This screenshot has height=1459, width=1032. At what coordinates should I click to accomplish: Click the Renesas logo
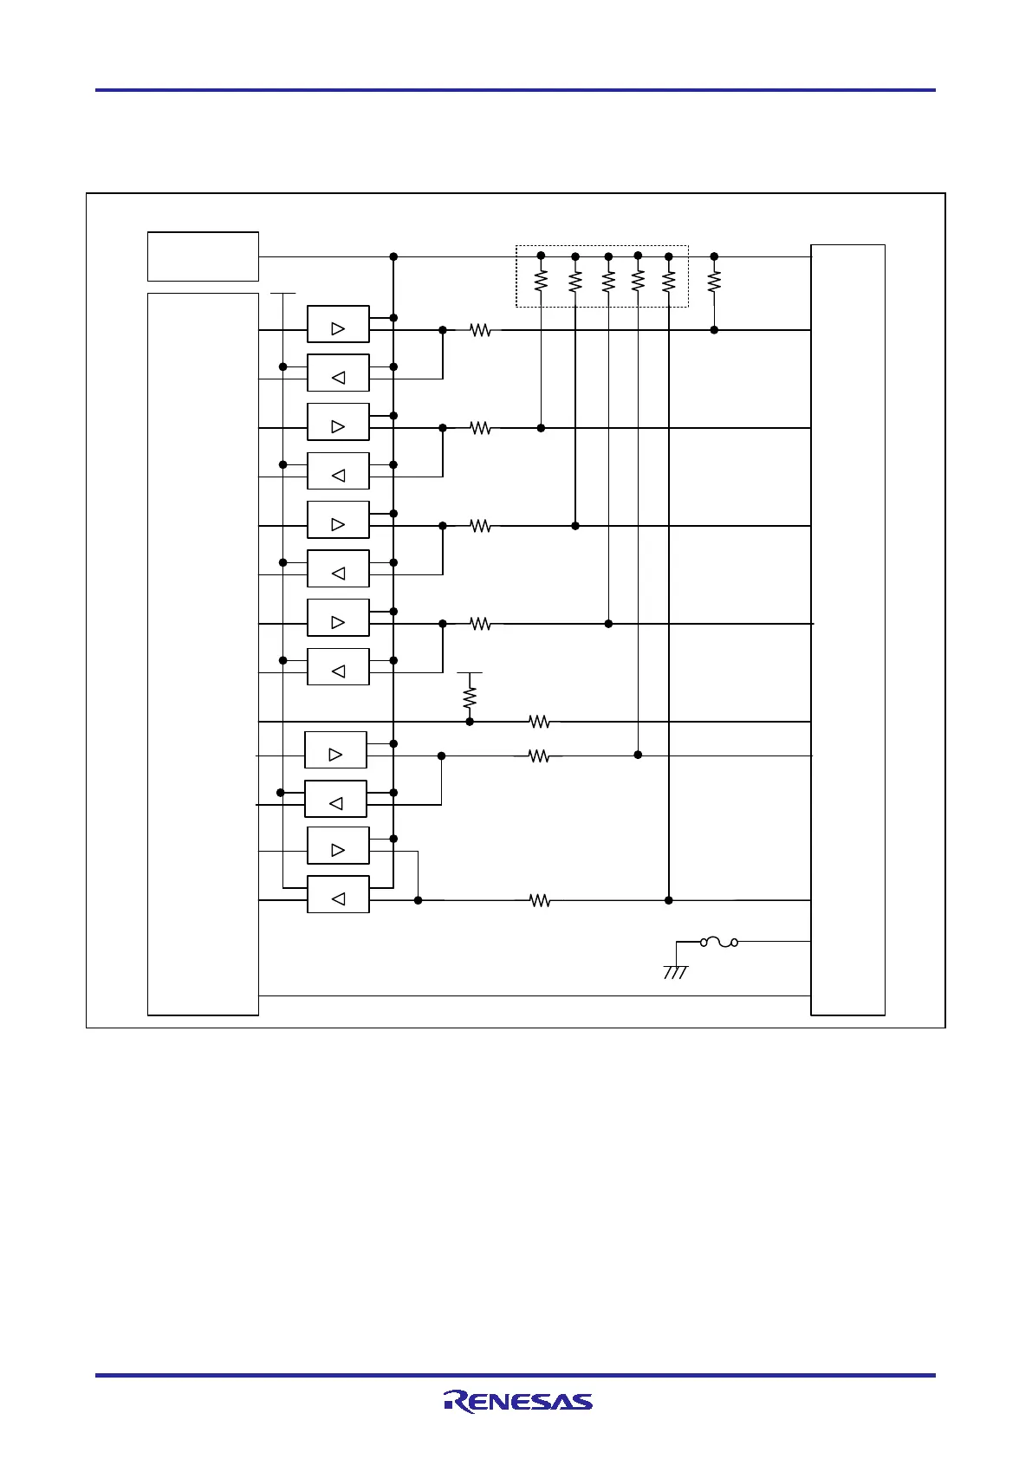pyautogui.click(x=518, y=1401)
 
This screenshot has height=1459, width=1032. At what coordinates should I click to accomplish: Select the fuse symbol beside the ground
pyautogui.click(x=719, y=942)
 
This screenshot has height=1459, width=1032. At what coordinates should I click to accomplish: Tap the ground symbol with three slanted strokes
pyautogui.click(x=676, y=972)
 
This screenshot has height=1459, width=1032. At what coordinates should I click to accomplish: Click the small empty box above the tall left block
pyautogui.click(x=203, y=256)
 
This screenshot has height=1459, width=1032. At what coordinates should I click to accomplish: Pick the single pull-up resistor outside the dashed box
pyautogui.click(x=714, y=282)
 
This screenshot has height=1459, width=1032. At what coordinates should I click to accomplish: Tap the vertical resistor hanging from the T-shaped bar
pyautogui.click(x=470, y=697)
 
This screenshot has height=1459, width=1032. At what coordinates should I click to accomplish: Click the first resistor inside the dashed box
pyautogui.click(x=541, y=282)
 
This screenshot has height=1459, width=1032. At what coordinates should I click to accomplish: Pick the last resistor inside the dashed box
pyautogui.click(x=668, y=282)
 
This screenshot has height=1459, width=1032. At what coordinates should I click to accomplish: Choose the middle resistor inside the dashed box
pyautogui.click(x=608, y=282)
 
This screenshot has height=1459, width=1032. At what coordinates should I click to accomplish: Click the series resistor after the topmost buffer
pyautogui.click(x=480, y=330)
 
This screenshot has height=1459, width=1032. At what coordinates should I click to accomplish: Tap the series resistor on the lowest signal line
pyautogui.click(x=540, y=901)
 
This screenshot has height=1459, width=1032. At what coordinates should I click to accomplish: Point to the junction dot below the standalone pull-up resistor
pyautogui.click(x=714, y=330)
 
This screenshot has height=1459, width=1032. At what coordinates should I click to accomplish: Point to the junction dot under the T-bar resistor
pyautogui.click(x=470, y=722)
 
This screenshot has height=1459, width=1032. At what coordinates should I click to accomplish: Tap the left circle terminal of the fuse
pyautogui.click(x=704, y=942)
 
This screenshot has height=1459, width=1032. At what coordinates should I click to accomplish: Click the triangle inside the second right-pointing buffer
pyautogui.click(x=338, y=427)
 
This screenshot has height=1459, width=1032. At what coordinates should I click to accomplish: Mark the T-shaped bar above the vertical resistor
pyautogui.click(x=470, y=673)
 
